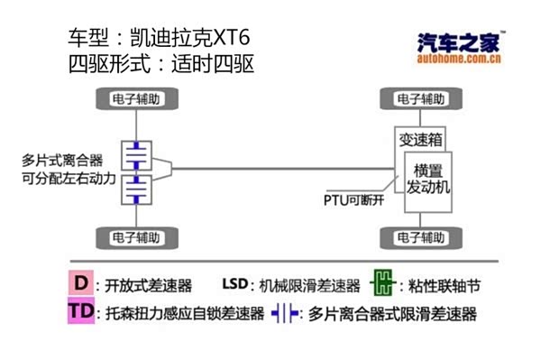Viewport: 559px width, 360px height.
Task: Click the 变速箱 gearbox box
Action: [x=419, y=141]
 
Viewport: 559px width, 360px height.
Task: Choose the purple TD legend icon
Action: [x=82, y=311]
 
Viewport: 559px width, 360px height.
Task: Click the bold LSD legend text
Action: [x=234, y=285]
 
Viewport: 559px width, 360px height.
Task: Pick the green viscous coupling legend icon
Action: [x=383, y=285]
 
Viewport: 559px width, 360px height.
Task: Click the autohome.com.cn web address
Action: [x=460, y=61]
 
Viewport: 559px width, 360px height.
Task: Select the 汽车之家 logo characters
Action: [x=458, y=42]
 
